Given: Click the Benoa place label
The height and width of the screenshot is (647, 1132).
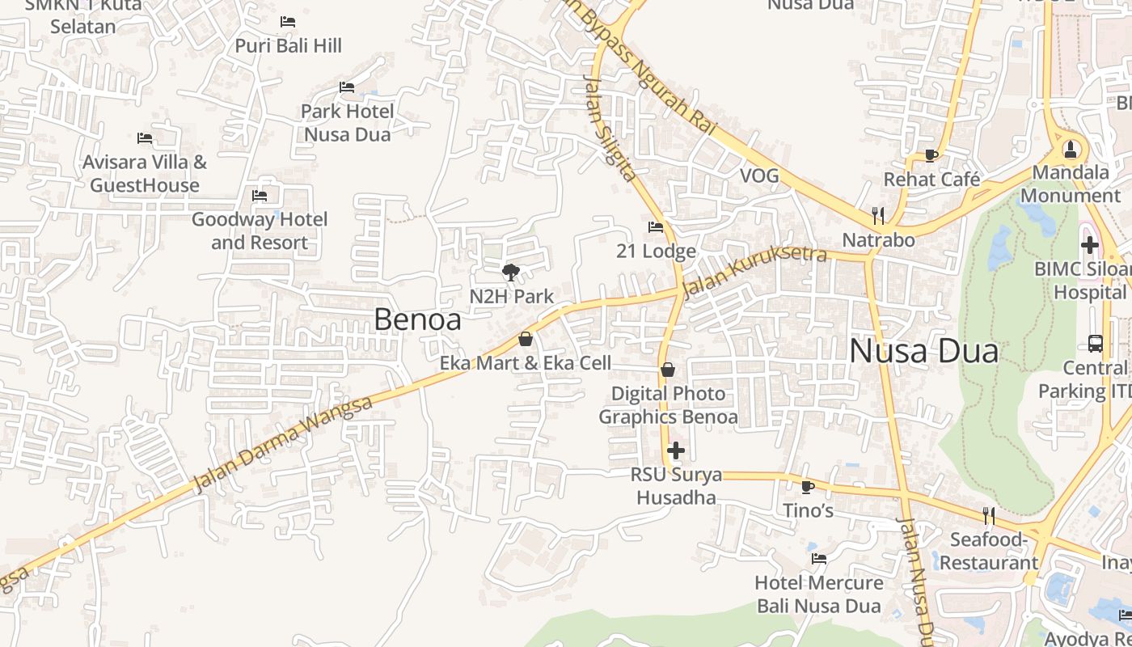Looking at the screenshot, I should pos(417,319).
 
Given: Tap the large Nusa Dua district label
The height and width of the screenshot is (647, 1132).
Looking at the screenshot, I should pos(923,352).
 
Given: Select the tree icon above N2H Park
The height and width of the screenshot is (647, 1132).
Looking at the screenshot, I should pos(510,273).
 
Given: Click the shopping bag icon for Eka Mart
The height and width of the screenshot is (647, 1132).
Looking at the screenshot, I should pos(526,339).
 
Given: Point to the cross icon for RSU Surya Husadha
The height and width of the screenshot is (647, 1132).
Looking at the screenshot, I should pos(676,450).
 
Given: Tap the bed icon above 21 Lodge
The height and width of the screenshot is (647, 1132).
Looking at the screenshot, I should pos(656,227).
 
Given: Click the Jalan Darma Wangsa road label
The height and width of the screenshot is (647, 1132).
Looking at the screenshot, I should pos(283,444).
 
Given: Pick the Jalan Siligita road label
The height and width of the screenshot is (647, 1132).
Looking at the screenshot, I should pos(609,128).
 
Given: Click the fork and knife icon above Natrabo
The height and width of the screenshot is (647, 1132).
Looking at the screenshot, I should pos(878,215).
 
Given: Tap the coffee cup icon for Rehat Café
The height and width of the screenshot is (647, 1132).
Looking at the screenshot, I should pos(931,155).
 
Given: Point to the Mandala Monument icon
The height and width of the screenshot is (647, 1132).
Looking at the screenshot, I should pos(1071,149).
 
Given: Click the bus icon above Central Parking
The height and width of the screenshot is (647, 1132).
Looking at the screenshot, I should pos(1096,344).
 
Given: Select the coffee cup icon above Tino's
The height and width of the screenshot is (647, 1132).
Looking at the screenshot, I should pos(807,487).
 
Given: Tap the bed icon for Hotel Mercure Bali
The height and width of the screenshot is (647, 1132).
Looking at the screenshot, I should pos(819,559).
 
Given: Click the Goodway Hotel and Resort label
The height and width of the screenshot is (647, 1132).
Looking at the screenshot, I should pos(260,230).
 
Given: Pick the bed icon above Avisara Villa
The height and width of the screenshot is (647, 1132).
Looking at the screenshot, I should pos(145,138).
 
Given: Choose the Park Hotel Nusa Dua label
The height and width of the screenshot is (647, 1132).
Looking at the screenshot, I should pos(347,122).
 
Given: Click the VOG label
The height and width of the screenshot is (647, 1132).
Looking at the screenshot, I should pos(759,175).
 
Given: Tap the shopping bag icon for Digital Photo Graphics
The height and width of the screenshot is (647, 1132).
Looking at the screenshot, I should pos(668,370).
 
